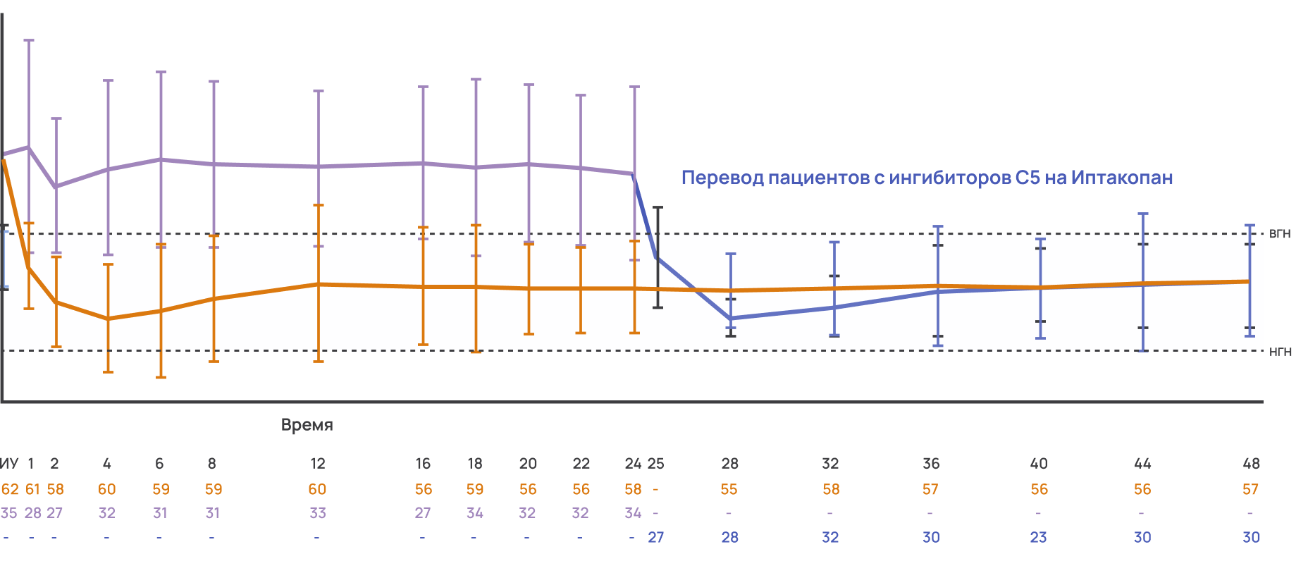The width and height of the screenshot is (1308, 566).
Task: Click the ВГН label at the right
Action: point(1279,233)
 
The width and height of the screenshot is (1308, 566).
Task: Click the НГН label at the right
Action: point(1280,351)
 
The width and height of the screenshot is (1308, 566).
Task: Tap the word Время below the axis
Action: point(307,425)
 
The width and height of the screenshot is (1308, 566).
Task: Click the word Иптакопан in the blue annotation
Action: point(1122,178)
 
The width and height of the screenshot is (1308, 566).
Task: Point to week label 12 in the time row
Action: point(318,464)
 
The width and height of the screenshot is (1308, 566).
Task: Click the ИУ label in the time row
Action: point(9,464)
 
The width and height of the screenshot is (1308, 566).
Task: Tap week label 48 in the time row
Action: point(1251,464)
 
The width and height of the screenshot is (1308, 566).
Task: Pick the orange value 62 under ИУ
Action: point(10,489)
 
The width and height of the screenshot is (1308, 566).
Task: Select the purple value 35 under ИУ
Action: point(9,513)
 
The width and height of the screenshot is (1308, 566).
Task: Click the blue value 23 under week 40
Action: point(1039,537)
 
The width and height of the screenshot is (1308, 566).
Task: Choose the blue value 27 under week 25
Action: point(656,537)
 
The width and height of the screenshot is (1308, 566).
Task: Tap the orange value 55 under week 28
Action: point(729,489)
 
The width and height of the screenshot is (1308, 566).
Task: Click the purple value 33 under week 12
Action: point(318,513)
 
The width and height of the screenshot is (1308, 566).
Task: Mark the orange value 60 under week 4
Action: point(107,489)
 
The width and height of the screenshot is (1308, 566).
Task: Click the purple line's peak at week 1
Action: point(29,147)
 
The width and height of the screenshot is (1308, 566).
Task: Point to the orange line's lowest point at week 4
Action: point(108,319)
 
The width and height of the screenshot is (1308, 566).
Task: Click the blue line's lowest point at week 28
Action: point(731,319)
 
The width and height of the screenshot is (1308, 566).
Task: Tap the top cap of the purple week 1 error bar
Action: point(29,40)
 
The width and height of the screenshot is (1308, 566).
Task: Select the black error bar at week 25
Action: point(658,257)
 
